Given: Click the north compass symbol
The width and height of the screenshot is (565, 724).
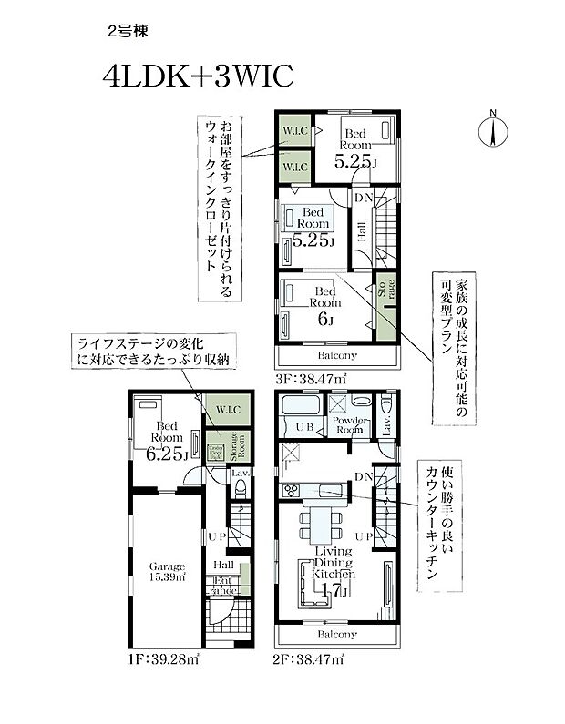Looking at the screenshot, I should coord(493,129).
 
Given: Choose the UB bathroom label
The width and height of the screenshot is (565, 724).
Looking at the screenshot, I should coord(304,427).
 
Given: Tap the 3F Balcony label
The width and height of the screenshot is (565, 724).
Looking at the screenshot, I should coord(336,355).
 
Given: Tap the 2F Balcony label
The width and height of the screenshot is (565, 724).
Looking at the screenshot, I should coord(336,634).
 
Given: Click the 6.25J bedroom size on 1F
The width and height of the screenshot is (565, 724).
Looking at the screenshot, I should coord(167,454).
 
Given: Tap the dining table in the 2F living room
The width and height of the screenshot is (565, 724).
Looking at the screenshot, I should coord(321,523).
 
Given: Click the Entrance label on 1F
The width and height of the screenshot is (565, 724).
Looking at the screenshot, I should coord(224,586).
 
